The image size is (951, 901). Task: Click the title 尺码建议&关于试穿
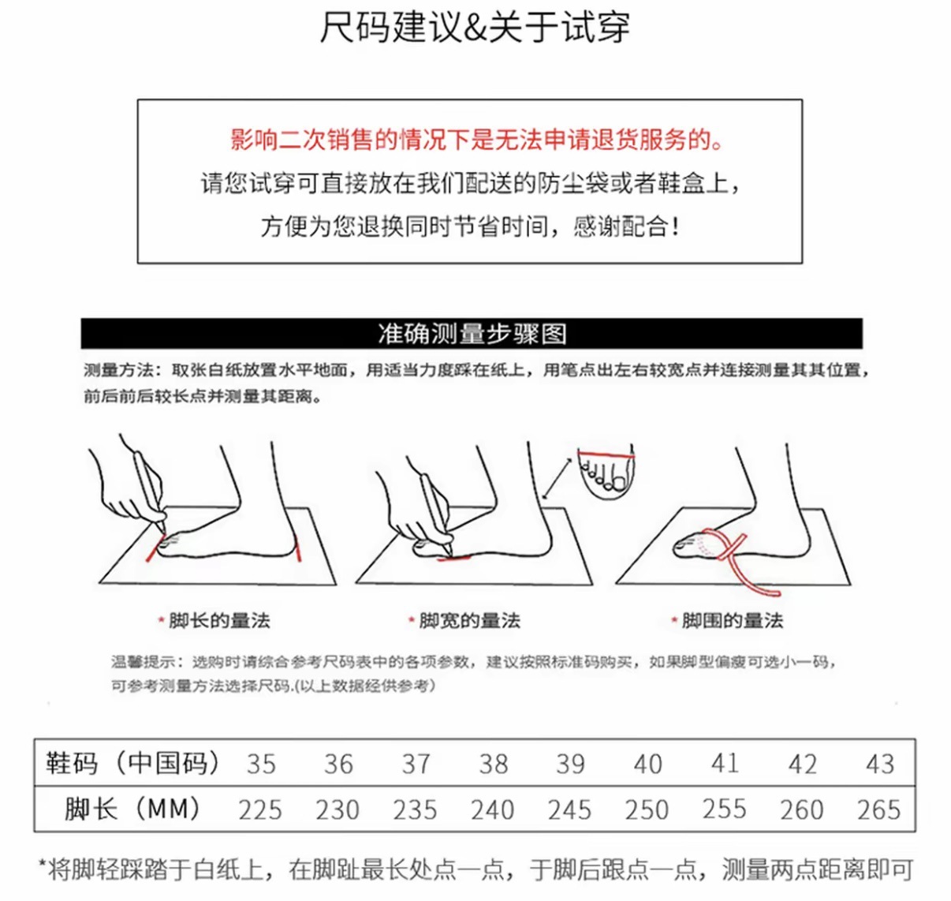[x=475, y=28]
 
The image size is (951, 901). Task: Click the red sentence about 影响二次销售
[x=476, y=140]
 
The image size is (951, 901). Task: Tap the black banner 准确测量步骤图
[x=472, y=334]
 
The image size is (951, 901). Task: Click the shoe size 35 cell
[x=260, y=764]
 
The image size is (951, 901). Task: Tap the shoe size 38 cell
[x=493, y=764]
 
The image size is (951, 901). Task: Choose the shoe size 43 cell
[x=879, y=764]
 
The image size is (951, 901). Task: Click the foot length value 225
[x=260, y=809]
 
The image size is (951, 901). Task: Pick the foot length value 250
[x=647, y=809]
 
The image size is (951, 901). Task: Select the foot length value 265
[x=878, y=809]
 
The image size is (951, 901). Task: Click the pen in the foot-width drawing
[x=434, y=505]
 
